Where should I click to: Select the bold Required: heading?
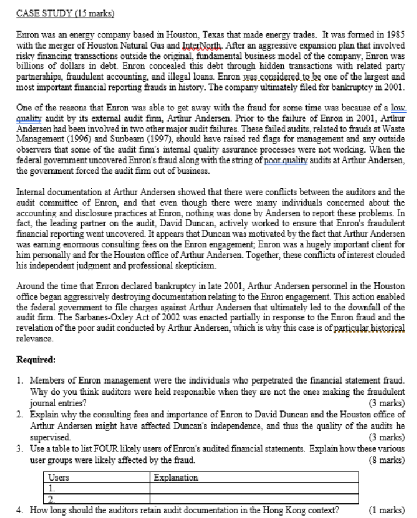pos(36,360)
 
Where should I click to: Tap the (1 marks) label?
pos(386,509)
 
